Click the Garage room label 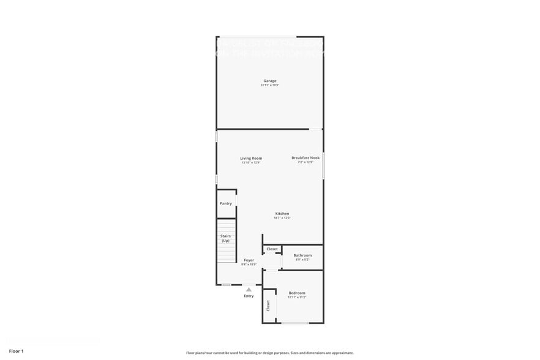point(270,81)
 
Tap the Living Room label point(251,158)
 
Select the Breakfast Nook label point(306,158)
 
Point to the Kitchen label point(282,214)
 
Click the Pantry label point(226,203)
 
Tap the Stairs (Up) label point(225,238)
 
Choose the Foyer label point(249,260)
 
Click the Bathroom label point(302,255)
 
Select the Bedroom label point(297,293)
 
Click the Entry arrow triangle point(249,289)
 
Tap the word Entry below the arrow point(249,296)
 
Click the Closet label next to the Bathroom point(272,249)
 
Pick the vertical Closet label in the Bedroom point(268,306)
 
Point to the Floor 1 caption point(16,351)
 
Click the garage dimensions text point(270,85)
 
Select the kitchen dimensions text point(282,218)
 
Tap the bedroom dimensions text point(297,298)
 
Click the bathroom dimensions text point(302,260)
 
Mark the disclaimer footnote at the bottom point(269,353)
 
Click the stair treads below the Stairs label point(227,253)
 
